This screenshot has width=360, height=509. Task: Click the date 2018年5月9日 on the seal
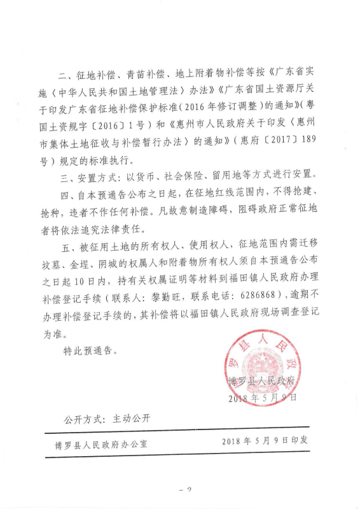262,399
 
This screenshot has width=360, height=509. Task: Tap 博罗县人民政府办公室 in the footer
101,442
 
